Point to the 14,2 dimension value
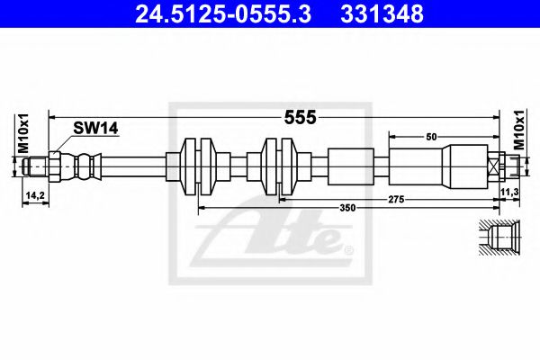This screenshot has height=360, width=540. (x=32, y=193)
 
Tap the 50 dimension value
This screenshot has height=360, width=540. (x=432, y=136)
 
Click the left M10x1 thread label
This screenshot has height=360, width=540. (x=24, y=135)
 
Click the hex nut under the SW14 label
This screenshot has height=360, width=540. (x=56, y=166)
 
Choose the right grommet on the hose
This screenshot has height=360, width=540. (x=281, y=166)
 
